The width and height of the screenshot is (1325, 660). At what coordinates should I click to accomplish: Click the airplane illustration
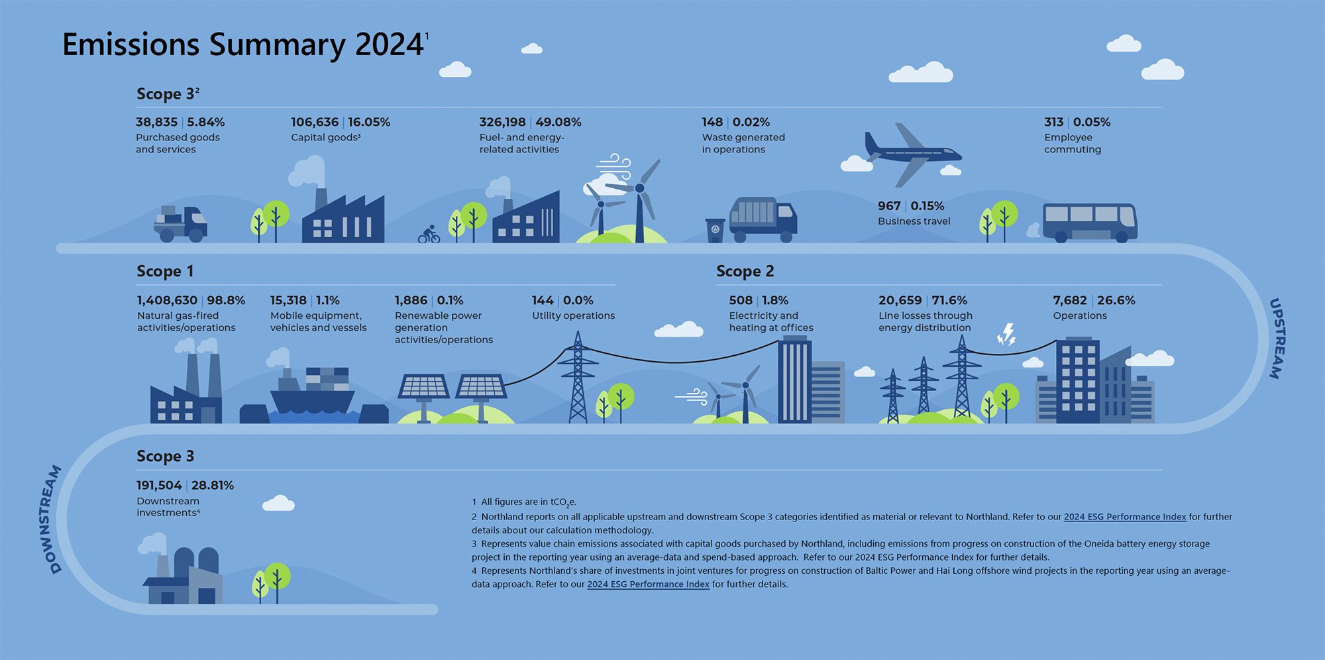pyautogui.click(x=912, y=154)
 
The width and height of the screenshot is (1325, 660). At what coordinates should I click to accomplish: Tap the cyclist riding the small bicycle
pyautogui.click(x=429, y=235)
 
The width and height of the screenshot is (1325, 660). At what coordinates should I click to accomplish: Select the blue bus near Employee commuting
pyautogui.click(x=1089, y=223)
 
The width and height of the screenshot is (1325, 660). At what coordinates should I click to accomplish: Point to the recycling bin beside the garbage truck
pyautogui.click(x=715, y=230)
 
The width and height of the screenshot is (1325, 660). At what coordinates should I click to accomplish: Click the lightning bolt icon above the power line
pyautogui.click(x=1007, y=335)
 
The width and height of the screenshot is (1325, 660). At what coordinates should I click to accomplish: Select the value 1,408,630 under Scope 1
pyautogui.click(x=167, y=300)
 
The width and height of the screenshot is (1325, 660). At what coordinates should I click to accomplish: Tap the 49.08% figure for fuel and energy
pyautogui.click(x=558, y=122)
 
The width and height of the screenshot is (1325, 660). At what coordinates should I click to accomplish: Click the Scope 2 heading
pyautogui.click(x=745, y=271)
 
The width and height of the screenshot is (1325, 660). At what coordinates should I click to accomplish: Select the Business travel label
pyautogui.click(x=914, y=221)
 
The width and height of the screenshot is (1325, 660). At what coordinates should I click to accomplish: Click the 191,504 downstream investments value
pyautogui.click(x=159, y=485)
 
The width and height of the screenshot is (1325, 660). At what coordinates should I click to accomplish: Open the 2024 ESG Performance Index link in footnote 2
pyautogui.click(x=1124, y=517)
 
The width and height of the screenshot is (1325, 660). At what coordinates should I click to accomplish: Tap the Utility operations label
pyautogui.click(x=573, y=315)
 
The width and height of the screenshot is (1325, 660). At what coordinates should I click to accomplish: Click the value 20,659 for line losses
pyautogui.click(x=900, y=300)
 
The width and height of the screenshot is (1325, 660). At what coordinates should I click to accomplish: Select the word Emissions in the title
pyautogui.click(x=131, y=44)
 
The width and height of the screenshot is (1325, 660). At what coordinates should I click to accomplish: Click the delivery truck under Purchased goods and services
pyautogui.click(x=181, y=224)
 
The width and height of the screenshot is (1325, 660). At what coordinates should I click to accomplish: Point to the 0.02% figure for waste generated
pyautogui.click(x=751, y=122)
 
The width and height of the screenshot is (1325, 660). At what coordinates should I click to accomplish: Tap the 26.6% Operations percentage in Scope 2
pyautogui.click(x=1116, y=300)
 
